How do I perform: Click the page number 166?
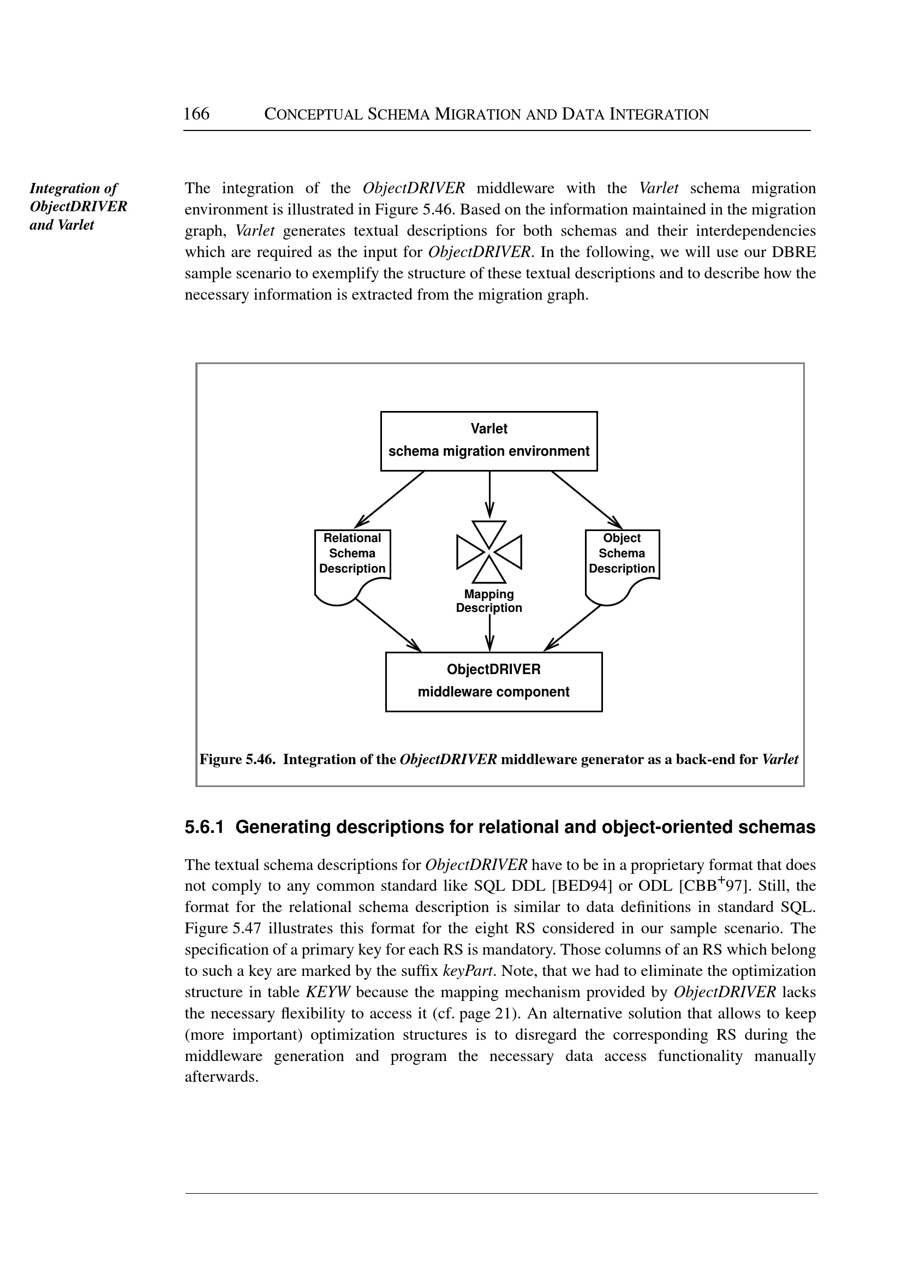(x=196, y=114)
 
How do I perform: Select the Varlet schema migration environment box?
(x=489, y=441)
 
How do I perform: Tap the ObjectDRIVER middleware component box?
(x=494, y=682)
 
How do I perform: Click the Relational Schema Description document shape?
(x=352, y=561)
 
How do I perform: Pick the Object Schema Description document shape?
(x=622, y=561)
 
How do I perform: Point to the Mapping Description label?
(x=489, y=601)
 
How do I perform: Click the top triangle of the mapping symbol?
(x=489, y=533)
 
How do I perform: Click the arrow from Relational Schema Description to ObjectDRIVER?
(x=387, y=625)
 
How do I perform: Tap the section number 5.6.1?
(x=204, y=827)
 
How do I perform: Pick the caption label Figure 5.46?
(x=237, y=759)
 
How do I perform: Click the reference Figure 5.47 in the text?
(x=222, y=929)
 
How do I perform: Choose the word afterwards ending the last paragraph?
(x=221, y=1077)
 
